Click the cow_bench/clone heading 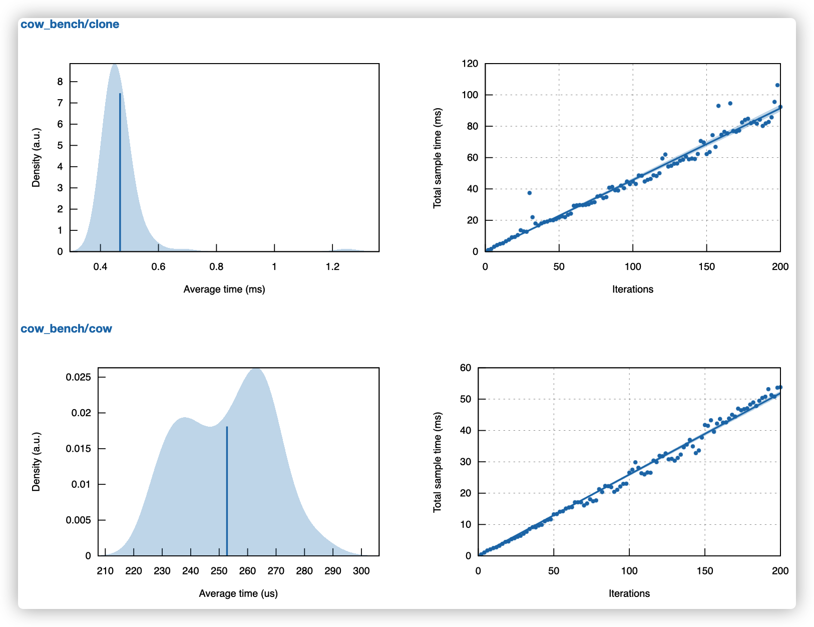(x=70, y=24)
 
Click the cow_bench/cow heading (x=66, y=329)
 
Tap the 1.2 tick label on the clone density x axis (x=332, y=266)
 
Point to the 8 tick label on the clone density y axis (x=60, y=82)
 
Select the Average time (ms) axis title (x=224, y=289)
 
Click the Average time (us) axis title (x=238, y=593)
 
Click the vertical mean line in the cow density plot (x=227, y=491)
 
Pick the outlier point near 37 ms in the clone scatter (x=529, y=193)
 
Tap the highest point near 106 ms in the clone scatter (x=777, y=85)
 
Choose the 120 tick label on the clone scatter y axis (x=470, y=64)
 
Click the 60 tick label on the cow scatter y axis (x=466, y=368)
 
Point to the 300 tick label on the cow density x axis (x=361, y=571)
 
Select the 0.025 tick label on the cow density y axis (x=79, y=377)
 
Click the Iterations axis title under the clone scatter (x=633, y=289)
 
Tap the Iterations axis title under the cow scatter (x=629, y=593)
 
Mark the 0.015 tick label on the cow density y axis (x=79, y=449)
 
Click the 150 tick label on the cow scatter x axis (x=705, y=571)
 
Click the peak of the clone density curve (x=115, y=65)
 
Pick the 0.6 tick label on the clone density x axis (x=158, y=266)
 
